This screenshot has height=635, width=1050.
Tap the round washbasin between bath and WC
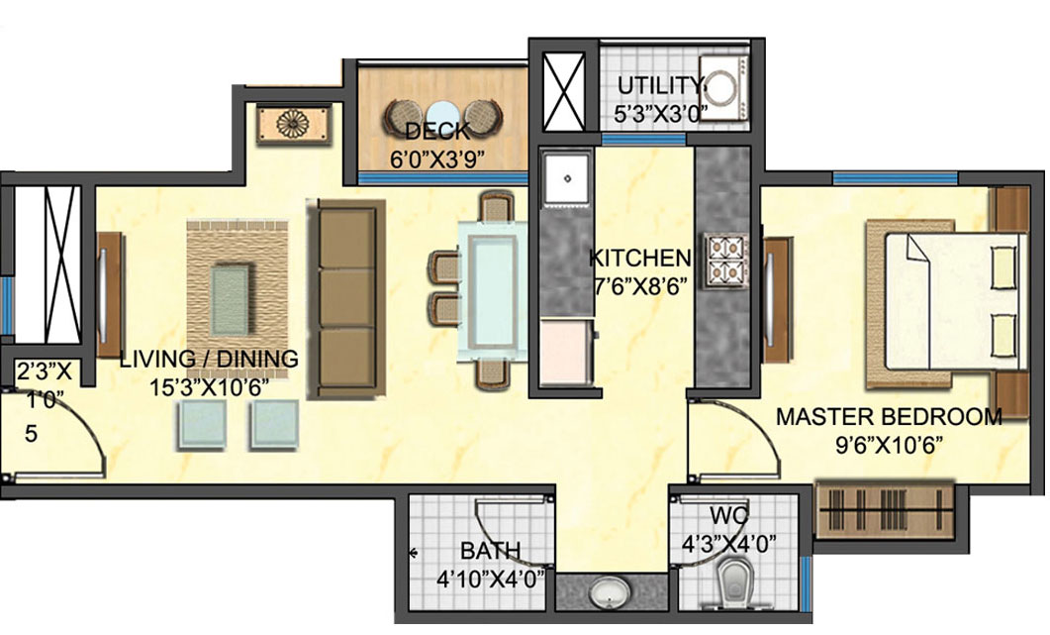[610, 592]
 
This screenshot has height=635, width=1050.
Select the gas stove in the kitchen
[725, 261]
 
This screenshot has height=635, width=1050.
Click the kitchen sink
[567, 177]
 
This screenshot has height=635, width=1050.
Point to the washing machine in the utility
[723, 87]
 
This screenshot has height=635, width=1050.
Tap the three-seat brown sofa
[346, 300]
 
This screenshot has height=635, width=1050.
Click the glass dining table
[492, 292]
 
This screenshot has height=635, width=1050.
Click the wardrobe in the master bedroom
[884, 510]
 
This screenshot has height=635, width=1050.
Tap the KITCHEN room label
[639, 258]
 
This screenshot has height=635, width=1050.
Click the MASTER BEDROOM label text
[889, 416]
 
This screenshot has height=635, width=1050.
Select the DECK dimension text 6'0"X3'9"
[437, 159]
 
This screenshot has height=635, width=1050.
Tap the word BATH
[490, 551]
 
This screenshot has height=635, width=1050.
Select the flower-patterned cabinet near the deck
[294, 125]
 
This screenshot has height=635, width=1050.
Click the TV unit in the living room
[110, 294]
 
